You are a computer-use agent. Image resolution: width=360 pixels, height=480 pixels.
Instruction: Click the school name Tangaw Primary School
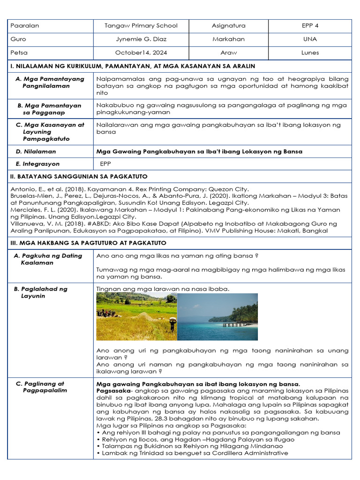coord(141,26)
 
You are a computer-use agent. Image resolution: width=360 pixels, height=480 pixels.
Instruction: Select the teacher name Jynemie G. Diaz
coord(141,39)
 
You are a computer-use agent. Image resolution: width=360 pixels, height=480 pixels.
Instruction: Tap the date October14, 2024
coord(141,53)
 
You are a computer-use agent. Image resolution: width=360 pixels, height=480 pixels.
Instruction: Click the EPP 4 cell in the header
coord(310,26)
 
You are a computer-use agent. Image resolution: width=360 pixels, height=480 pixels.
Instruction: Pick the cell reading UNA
coord(310,39)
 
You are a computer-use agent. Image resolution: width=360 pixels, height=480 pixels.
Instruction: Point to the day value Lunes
coord(310,53)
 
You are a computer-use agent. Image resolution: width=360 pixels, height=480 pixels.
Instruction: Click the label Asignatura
coord(228,26)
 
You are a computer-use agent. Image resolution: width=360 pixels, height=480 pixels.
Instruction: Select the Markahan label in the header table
coord(228,39)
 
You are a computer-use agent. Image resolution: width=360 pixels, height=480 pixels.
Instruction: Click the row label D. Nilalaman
coord(36,151)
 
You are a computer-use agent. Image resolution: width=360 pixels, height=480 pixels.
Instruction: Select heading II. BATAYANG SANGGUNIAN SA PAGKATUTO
coord(79,176)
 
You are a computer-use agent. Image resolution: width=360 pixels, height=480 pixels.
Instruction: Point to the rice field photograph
coord(136,316)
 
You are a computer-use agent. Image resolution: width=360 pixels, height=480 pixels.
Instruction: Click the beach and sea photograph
coord(217,316)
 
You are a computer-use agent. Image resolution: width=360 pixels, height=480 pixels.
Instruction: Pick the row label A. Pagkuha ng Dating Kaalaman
coord(48,259)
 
